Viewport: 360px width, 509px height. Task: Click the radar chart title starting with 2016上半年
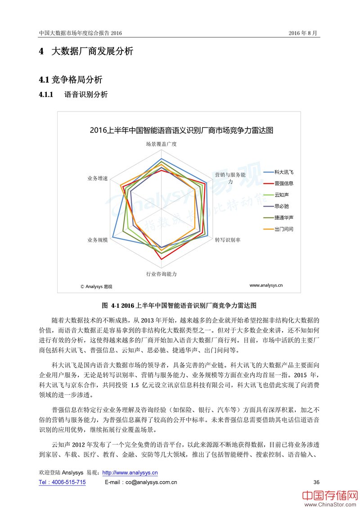click(181, 131)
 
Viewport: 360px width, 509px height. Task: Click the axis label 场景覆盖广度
click(161, 144)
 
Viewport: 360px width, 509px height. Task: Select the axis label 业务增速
click(98, 178)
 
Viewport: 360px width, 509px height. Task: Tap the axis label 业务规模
click(98, 240)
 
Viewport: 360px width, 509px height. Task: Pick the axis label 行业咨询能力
click(161, 274)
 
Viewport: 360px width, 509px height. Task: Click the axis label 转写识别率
click(227, 240)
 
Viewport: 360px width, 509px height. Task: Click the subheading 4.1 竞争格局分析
click(71, 80)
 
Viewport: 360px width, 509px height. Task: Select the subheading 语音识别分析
click(86, 95)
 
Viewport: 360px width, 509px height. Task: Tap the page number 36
click(316, 482)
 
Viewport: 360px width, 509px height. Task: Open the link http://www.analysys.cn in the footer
click(130, 473)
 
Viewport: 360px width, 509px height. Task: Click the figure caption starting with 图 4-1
click(180, 305)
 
